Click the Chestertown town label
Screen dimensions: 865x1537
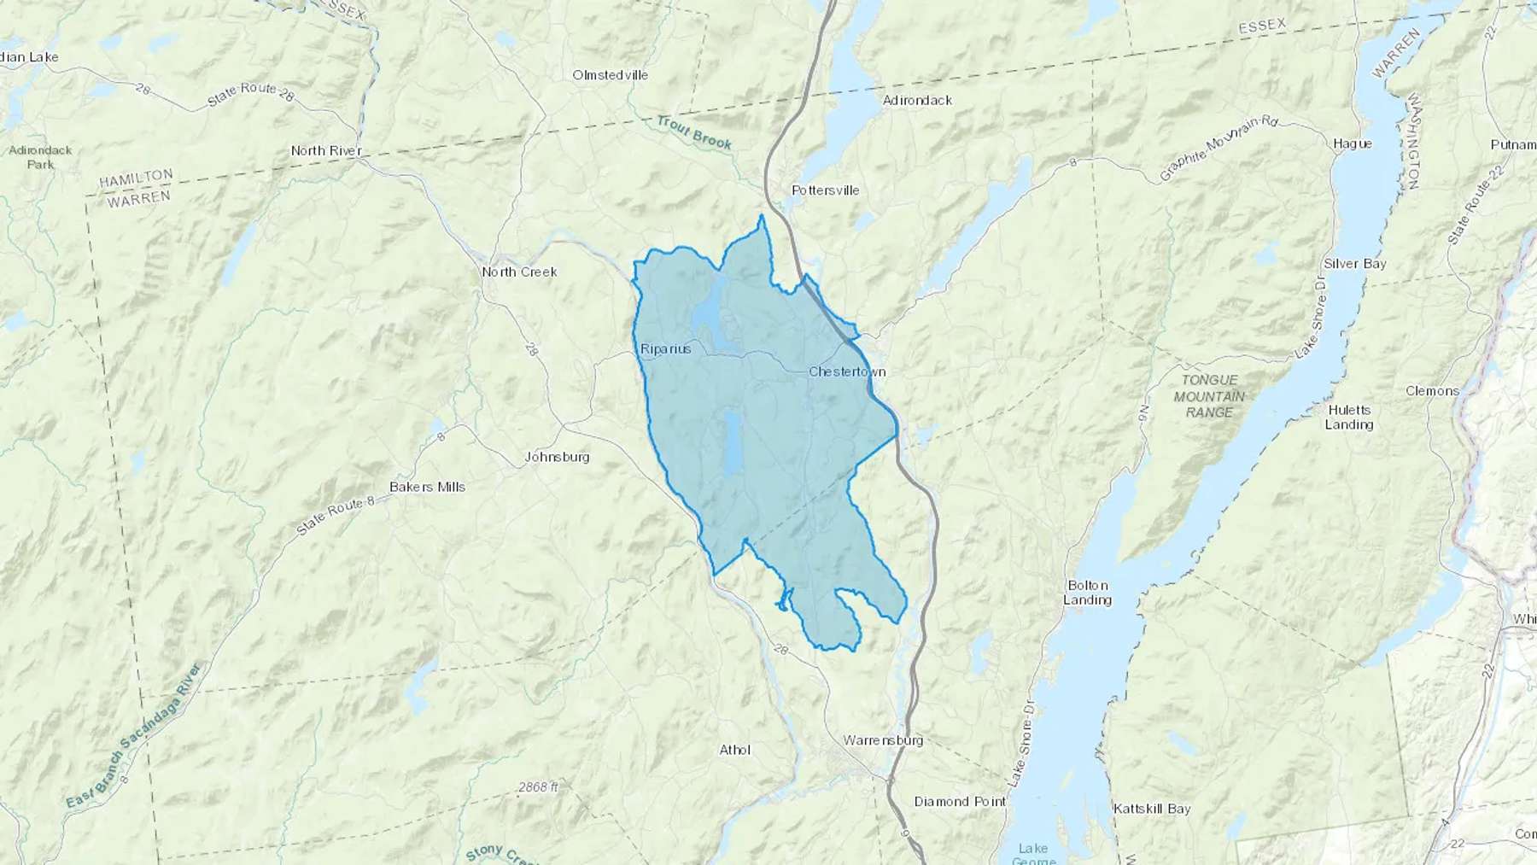847,371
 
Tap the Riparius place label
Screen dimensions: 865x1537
665,348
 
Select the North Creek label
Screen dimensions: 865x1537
519,272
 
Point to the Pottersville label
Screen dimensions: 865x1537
825,190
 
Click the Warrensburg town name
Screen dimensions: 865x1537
882,740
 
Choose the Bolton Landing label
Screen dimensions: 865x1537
1087,593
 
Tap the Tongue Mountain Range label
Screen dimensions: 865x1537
1209,395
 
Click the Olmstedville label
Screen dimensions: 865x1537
610,74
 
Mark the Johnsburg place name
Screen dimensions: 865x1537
557,457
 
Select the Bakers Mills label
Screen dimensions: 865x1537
427,487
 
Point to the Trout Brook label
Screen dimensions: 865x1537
695,134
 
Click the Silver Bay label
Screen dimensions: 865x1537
1354,264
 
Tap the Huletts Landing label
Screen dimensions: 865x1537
1349,417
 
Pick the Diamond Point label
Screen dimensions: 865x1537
960,801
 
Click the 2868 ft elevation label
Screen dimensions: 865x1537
537,786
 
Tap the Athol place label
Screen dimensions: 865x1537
734,750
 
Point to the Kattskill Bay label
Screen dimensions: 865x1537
1151,808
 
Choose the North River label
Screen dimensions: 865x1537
326,150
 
